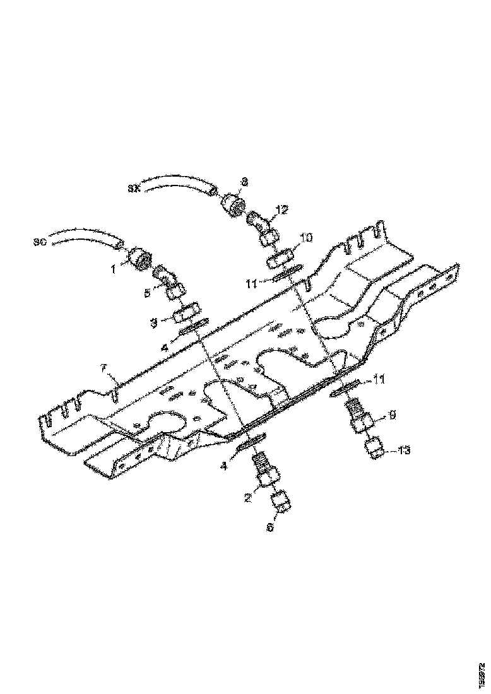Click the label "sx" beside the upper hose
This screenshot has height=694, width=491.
coord(133,187)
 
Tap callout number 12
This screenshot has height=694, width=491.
coord(281,209)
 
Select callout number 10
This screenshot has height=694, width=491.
coord(306,238)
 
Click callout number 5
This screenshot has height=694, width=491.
coord(146,292)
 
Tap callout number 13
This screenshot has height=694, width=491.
coord(404,450)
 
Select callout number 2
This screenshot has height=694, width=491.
coord(248,498)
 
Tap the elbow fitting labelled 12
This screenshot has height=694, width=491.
coord(261,225)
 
